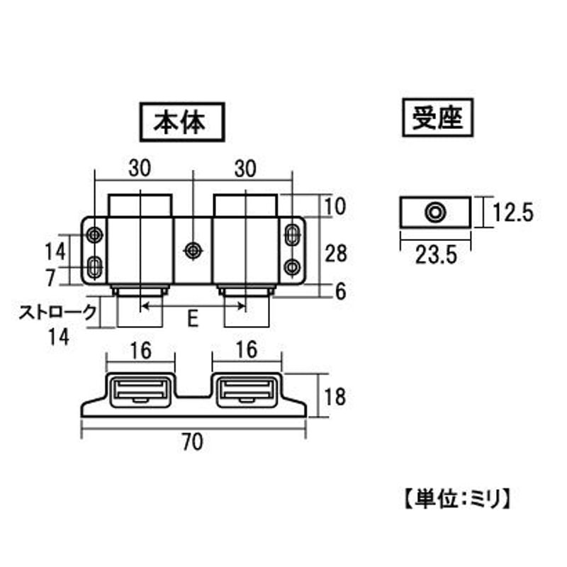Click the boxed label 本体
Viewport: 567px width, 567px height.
182,122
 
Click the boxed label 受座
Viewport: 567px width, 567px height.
437,118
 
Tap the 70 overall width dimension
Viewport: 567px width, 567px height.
193,442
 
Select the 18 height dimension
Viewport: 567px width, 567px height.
335,396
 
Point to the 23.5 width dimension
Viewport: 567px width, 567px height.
436,255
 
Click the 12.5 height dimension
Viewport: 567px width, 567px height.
513,212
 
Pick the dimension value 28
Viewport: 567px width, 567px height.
335,253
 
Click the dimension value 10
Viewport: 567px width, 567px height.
335,207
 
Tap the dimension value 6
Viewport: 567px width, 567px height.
341,291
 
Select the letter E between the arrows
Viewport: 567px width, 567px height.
193,319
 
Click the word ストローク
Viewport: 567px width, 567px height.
58,313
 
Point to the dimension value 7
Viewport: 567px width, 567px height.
50,278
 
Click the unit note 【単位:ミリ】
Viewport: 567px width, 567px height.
457,500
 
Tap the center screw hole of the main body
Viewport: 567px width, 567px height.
193,250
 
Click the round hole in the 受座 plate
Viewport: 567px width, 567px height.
435,212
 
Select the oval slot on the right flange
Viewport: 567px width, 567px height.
292,235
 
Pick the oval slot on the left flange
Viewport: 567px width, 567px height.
95,267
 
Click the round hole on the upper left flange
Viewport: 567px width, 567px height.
95,235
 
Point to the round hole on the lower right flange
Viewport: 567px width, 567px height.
292,267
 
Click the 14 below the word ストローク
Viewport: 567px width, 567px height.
59,337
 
